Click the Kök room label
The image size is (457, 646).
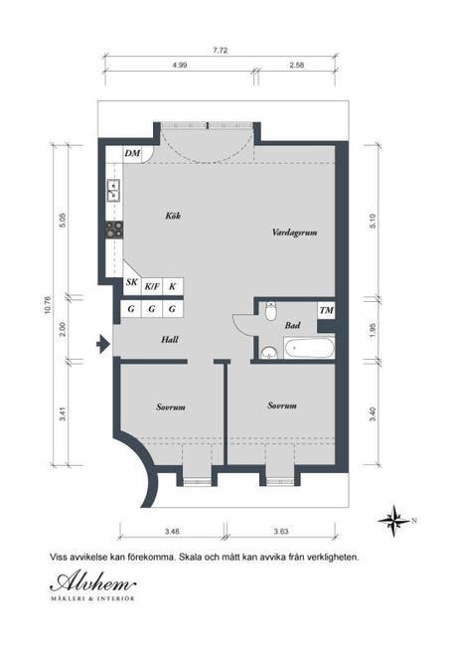coord(173,216)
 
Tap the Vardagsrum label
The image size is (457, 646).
coord(294,233)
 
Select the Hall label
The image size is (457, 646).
coord(170,340)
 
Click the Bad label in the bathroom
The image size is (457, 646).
coord(292,325)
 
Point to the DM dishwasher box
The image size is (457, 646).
coord(132,154)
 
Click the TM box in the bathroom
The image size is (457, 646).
coord(326,310)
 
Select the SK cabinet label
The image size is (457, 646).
coord(132,283)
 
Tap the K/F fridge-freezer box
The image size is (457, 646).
coord(152,286)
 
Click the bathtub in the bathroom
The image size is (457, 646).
coord(309,348)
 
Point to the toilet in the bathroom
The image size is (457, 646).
coord(270,312)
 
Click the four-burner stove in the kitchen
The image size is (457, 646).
coord(114,230)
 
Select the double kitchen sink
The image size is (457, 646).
coord(113,190)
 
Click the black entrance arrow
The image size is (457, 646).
coord(101,344)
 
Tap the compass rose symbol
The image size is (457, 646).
coord(394,521)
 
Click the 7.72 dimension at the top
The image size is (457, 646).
coord(221,51)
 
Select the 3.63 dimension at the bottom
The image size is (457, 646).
coord(281,531)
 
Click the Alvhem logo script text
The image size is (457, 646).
coord(92,583)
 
